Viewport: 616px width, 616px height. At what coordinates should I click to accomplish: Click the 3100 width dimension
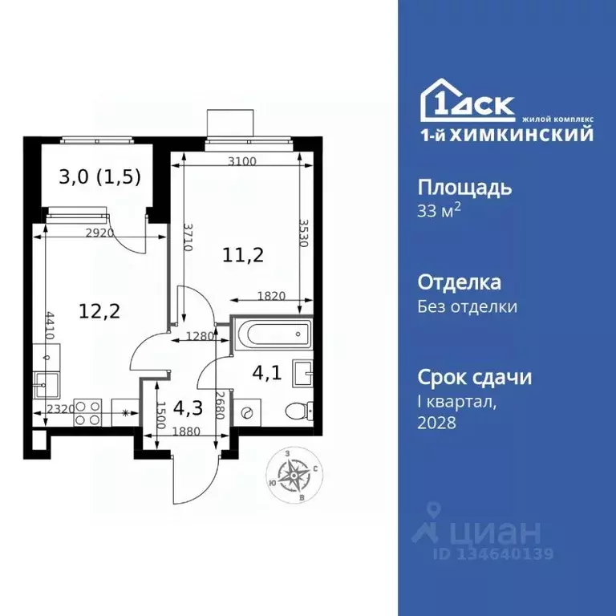pos(241,160)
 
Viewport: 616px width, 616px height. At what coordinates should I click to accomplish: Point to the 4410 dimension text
pos(51,331)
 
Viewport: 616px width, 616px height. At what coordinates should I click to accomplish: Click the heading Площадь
pos(464,188)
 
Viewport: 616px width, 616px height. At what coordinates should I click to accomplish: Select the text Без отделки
pos(468,306)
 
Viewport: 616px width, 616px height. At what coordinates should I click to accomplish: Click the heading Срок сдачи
pos(475,377)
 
